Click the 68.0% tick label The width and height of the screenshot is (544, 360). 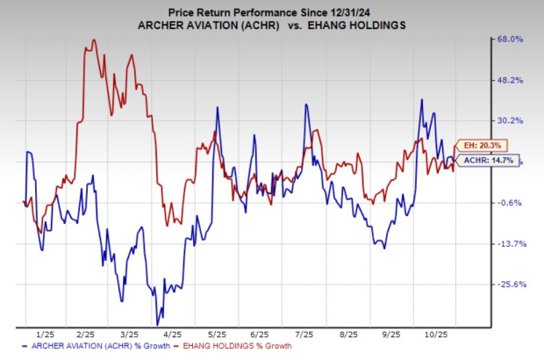(511, 39)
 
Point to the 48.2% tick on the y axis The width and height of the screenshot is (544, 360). (511, 80)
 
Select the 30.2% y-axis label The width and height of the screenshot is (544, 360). (511, 121)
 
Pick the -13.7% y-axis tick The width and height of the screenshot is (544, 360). (511, 243)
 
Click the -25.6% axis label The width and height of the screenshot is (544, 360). (511, 284)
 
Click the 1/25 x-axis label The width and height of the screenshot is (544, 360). (42, 335)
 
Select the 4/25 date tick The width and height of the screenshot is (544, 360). (172, 335)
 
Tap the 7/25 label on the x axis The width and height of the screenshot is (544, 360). (302, 335)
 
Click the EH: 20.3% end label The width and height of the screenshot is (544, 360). (491, 146)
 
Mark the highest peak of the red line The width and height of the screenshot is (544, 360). (92, 40)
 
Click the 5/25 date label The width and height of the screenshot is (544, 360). (215, 335)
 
